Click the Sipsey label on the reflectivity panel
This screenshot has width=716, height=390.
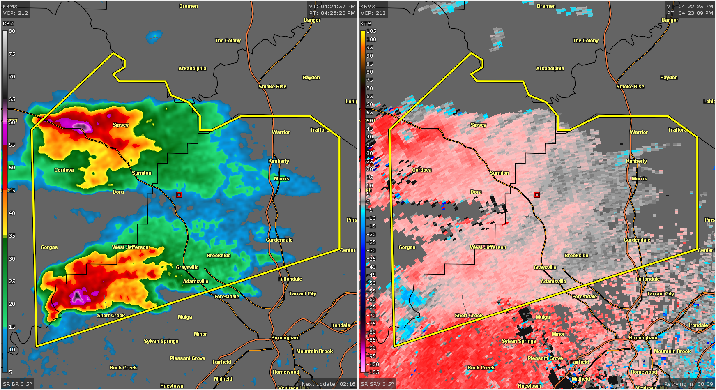120,125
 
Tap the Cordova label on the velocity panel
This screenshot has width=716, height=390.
421,170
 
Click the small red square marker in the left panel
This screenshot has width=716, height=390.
179,195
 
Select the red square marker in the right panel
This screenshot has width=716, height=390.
537,195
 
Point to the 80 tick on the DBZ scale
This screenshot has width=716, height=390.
12,31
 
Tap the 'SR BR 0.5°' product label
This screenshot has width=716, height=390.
17,384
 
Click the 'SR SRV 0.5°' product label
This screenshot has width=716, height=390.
377,384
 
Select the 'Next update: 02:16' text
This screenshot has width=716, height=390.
328,384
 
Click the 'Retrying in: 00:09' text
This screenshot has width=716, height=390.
688,384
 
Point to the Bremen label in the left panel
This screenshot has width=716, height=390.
188,6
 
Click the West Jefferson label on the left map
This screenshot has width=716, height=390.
130,247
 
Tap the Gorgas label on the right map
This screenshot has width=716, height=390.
407,247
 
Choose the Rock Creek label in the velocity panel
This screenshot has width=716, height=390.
481,367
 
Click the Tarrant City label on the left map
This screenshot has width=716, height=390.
302,293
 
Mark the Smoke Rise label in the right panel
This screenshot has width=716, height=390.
630,86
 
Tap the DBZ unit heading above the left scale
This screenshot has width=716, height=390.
8,23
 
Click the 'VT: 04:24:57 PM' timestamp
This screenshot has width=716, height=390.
332,6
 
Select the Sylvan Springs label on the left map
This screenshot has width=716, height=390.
161,341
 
